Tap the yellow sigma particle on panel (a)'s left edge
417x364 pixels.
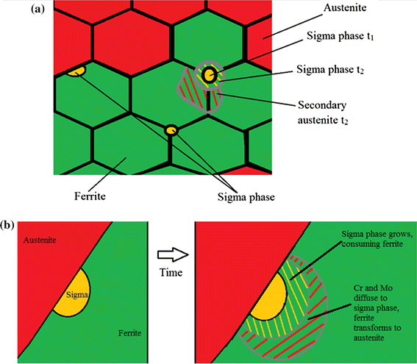click(x=75, y=71)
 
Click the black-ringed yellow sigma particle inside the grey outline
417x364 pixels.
click(x=209, y=74)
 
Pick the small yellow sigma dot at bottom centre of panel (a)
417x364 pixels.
click(x=171, y=131)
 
